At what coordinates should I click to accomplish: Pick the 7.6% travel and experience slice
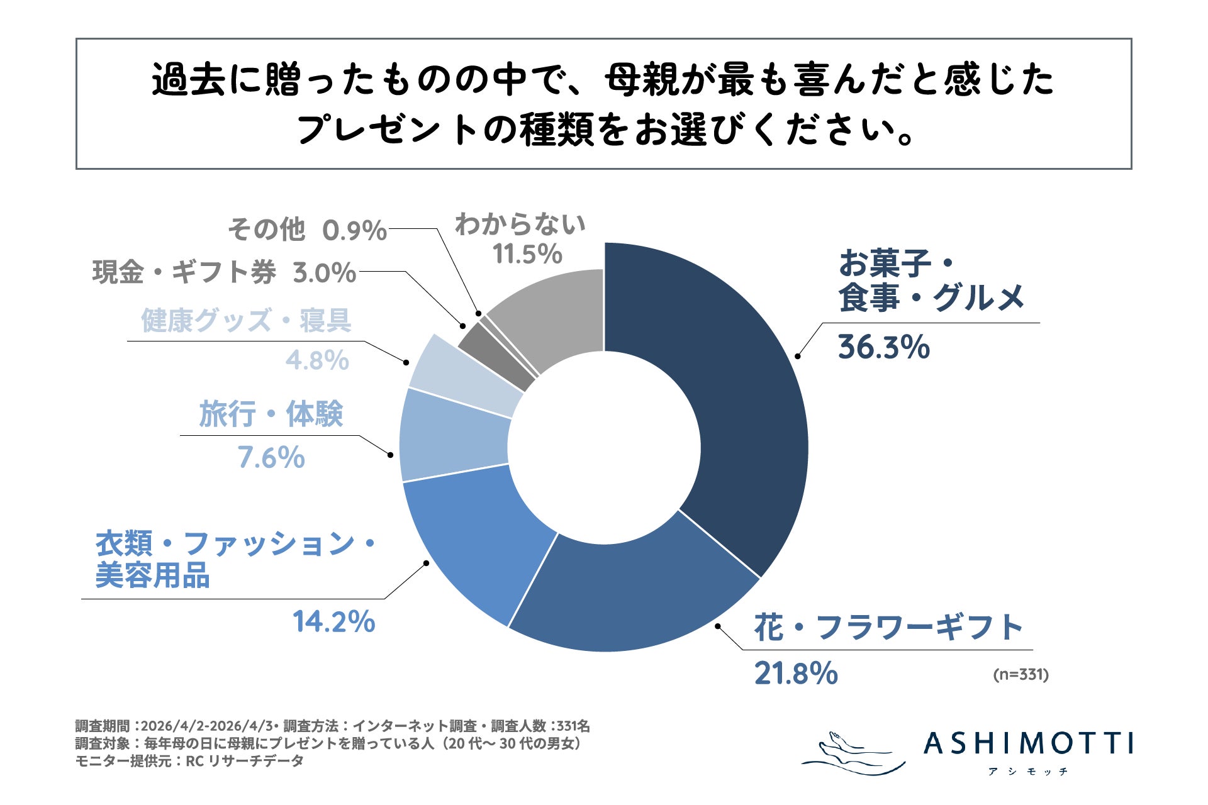tap(453, 440)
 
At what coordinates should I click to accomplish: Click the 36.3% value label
tap(883, 347)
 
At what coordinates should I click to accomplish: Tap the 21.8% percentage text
tap(796, 673)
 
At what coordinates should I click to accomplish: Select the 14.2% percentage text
tap(333, 622)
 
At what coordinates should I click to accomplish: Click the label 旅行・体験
tap(271, 414)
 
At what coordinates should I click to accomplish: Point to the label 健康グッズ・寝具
tap(246, 321)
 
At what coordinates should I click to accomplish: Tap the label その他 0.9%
tap(306, 230)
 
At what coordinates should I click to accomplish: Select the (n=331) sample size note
tap(1021, 675)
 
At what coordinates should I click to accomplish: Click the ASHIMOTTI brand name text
tap(1029, 743)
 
